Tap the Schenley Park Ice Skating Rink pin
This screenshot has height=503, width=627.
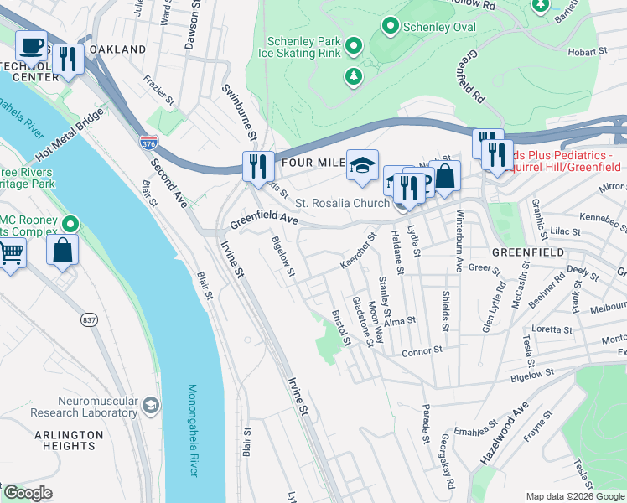click(x=354, y=46)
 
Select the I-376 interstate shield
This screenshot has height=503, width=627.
click(x=148, y=143)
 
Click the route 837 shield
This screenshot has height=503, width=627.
click(x=90, y=319)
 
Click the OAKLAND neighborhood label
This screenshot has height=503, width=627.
click(x=117, y=50)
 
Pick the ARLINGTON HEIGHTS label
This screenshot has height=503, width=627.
click(x=69, y=442)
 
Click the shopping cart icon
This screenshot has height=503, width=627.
click(x=10, y=251)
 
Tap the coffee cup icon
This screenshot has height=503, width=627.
click(x=33, y=44)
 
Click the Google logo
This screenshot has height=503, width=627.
click(x=27, y=493)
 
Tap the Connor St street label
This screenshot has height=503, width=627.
click(x=422, y=352)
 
